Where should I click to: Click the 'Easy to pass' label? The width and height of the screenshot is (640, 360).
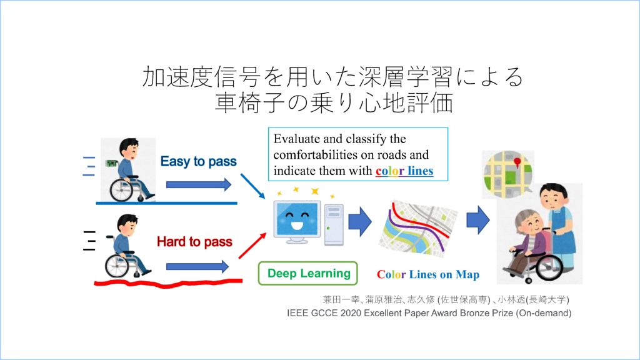198,162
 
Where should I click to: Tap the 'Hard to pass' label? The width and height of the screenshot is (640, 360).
195,242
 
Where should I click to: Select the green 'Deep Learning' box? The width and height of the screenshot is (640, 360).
308,274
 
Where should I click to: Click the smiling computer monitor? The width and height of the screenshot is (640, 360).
297,222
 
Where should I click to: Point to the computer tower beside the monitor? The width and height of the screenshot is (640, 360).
334,225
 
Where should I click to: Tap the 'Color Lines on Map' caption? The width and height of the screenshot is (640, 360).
427,274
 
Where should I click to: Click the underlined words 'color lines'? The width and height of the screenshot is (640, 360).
404,171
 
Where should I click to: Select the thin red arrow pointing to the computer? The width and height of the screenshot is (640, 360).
252,246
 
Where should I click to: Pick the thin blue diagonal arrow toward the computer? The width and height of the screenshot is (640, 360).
252,186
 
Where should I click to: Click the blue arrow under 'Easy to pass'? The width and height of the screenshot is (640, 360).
198,184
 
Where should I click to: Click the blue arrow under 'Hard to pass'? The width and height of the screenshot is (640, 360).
197,266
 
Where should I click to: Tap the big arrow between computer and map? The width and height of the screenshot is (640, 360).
360,221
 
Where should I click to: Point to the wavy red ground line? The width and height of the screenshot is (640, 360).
168,282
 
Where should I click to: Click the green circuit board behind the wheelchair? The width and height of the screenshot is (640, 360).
111,163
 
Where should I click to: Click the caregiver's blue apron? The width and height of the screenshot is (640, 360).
562,232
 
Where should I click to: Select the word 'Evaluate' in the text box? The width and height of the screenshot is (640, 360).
297,139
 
